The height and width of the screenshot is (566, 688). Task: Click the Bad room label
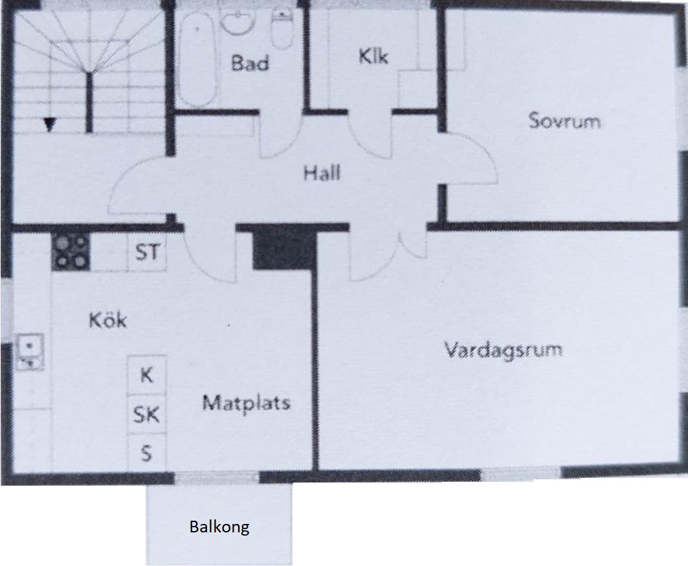pyautogui.click(x=250, y=63)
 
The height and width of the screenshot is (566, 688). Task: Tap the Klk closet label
pyautogui.click(x=373, y=56)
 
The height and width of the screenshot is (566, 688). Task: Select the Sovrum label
pyautogui.click(x=565, y=120)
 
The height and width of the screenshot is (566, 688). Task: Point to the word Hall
pyautogui.click(x=322, y=173)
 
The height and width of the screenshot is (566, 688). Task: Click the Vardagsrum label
pyautogui.click(x=504, y=351)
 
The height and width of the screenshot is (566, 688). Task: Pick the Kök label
pyautogui.click(x=108, y=320)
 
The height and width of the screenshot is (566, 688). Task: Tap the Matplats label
pyautogui.click(x=247, y=403)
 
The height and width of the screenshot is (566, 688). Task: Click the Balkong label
pyautogui.click(x=219, y=527)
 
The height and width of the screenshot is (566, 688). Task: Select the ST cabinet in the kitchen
pyautogui.click(x=147, y=252)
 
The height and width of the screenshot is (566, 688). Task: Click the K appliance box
pyautogui.click(x=147, y=375)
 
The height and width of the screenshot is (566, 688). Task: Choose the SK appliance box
pyautogui.click(x=147, y=414)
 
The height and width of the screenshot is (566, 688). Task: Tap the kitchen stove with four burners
pyautogui.click(x=71, y=251)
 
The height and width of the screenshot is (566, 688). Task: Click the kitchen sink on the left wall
pyautogui.click(x=30, y=352)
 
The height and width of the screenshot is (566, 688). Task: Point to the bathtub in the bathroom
pyautogui.click(x=197, y=59)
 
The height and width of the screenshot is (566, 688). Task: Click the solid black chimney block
pyautogui.click(x=283, y=249)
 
